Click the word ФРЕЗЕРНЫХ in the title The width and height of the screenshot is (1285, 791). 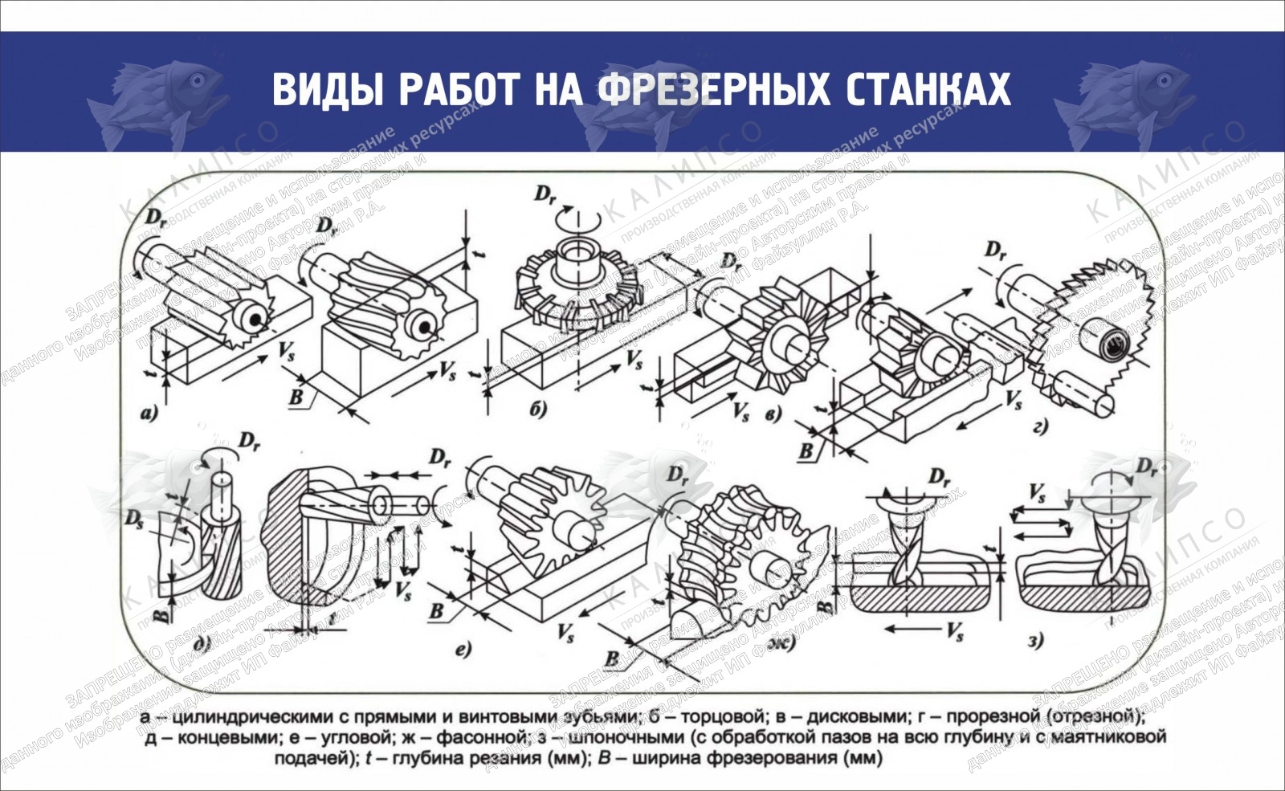tap(715, 89)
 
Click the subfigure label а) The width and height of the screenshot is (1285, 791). tap(149, 414)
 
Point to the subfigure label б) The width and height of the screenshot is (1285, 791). tap(538, 410)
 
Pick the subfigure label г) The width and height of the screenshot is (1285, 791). tap(1040, 426)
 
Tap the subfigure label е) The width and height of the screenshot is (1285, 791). tap(463, 649)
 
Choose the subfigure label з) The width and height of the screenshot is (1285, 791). tap(1036, 640)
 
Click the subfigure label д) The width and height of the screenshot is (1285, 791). tap(202, 642)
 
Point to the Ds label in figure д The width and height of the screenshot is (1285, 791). tap(135, 518)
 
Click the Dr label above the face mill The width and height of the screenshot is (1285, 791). tap(546, 195)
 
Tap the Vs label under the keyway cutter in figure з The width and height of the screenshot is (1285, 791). tap(955, 631)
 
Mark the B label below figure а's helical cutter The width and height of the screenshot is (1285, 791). tap(296, 397)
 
